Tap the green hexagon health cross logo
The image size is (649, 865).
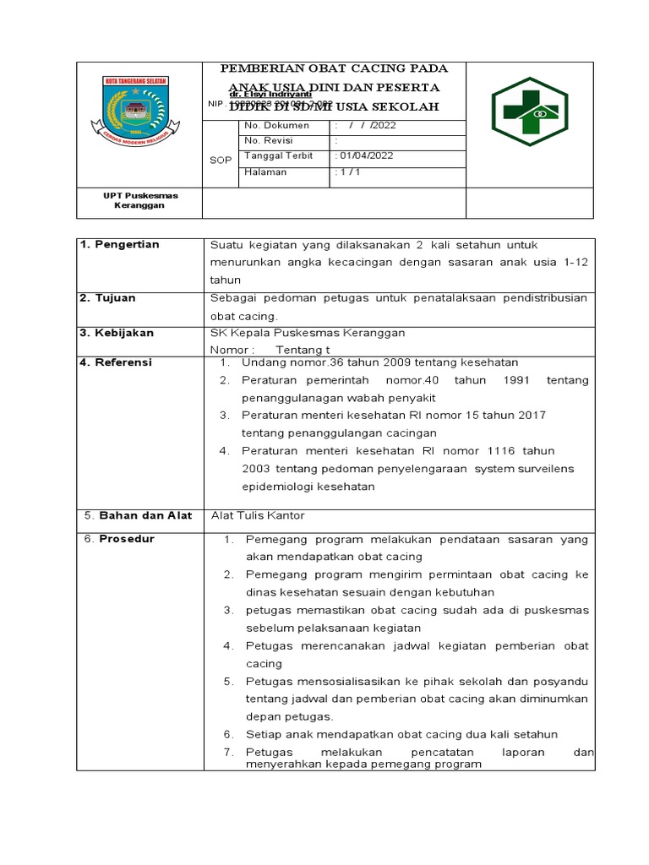tap(530, 112)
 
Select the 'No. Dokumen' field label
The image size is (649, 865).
tap(276, 125)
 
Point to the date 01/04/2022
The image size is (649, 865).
tap(367, 156)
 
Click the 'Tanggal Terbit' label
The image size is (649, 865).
tap(278, 156)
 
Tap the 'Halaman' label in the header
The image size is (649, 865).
tap(265, 171)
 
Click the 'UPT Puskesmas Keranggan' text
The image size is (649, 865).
tap(140, 200)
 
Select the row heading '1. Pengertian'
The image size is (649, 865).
tap(119, 244)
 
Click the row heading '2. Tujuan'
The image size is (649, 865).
tap(107, 298)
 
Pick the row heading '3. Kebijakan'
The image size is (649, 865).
tap(117, 333)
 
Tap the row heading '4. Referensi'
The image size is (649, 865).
tap(116, 362)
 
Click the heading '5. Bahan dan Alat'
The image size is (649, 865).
tap(139, 515)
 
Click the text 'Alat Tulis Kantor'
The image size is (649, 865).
tap(257, 515)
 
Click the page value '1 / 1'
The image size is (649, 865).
tap(347, 171)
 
